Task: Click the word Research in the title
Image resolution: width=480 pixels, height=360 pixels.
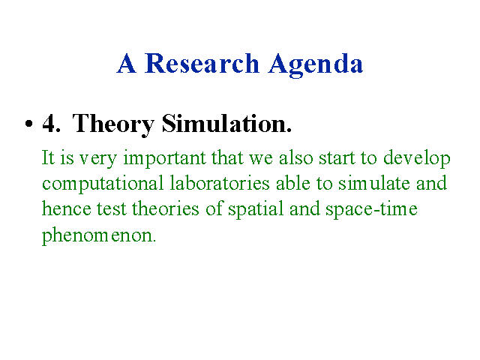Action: point(202,63)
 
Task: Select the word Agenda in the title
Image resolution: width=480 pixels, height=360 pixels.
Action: point(316,65)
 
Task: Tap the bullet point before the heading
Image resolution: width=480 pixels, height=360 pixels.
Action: point(28,124)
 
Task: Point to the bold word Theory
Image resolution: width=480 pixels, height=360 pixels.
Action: point(113,125)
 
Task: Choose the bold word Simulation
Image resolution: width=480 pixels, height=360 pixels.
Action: point(226,123)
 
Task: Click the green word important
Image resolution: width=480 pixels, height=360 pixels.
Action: point(165,160)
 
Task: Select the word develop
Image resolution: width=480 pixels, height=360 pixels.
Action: point(417,160)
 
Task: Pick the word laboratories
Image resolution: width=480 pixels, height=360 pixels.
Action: point(220,183)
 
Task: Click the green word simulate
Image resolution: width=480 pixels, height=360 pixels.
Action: point(374,183)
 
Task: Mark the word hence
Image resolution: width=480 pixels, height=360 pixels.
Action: point(67,208)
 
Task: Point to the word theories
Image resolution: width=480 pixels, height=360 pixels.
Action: point(166,208)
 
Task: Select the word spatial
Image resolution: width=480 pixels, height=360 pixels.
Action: point(256,210)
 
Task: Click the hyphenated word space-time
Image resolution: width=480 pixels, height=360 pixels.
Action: point(371,210)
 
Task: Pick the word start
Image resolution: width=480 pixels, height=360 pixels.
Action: point(337,158)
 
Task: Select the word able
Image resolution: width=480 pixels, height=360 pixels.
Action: point(293,183)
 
